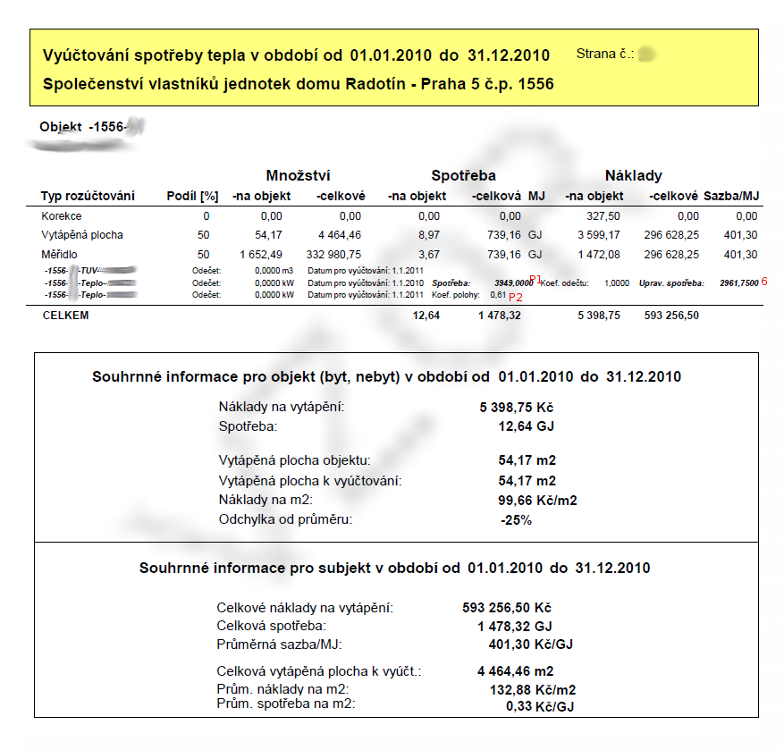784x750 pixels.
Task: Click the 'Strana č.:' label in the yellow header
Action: point(605,54)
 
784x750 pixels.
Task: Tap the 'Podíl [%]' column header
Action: point(193,196)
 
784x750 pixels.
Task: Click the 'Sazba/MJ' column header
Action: point(730,196)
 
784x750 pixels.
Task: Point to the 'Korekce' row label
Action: point(60,216)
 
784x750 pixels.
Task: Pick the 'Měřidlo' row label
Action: point(60,255)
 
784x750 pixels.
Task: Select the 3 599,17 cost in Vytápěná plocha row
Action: point(599,235)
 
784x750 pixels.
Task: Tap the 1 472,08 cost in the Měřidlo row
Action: point(599,255)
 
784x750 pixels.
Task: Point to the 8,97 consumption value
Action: point(429,235)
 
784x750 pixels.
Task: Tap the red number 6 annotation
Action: point(765,282)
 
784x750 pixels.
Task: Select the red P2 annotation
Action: point(515,296)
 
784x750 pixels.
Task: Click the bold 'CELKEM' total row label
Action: point(66,316)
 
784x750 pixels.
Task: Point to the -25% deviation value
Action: point(516,520)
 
